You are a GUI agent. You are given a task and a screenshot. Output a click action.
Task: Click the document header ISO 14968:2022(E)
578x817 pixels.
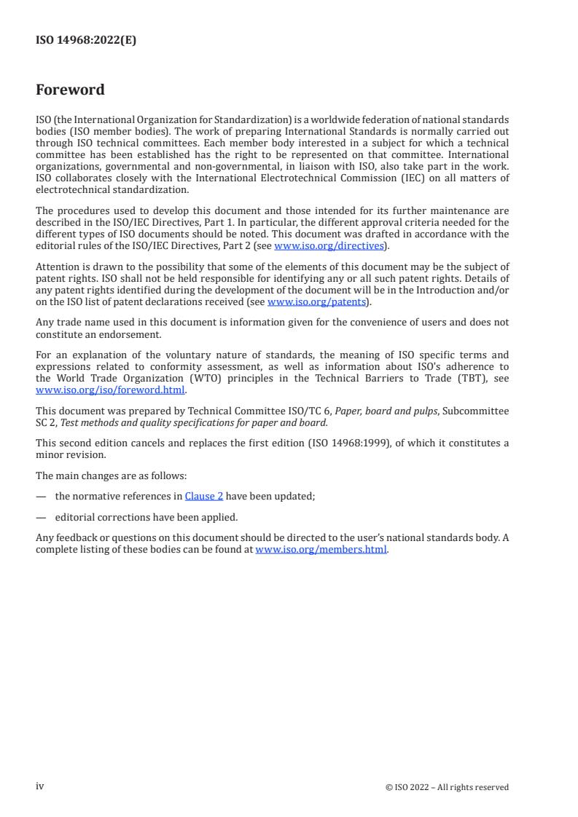pos(86,41)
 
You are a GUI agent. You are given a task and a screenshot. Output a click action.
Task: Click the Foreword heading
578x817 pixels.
pos(70,90)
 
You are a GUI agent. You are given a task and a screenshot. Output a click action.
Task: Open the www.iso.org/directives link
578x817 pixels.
pos(329,246)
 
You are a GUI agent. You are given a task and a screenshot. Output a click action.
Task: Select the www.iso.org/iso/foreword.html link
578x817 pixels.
pos(110,390)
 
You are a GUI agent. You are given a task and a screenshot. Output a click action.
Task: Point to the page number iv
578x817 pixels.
pos(40,786)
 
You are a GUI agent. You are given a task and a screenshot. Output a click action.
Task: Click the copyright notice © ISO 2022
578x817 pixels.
pos(447,787)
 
